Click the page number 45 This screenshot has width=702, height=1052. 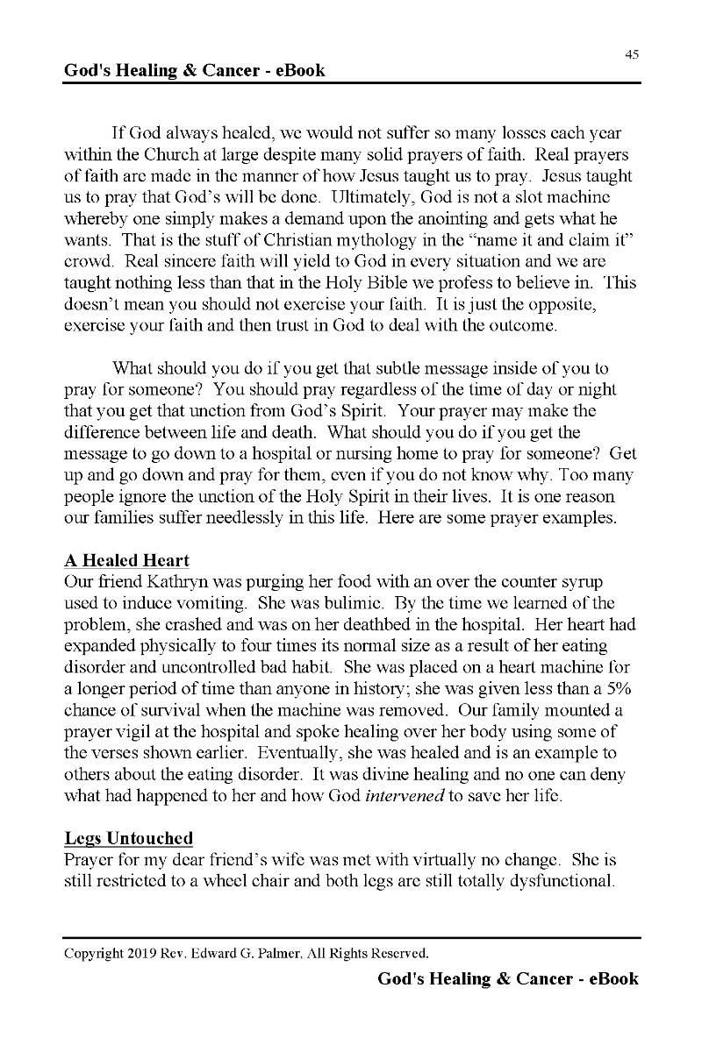tap(632, 54)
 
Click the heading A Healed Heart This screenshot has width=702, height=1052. tap(126, 561)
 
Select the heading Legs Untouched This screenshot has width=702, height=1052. tap(128, 840)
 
